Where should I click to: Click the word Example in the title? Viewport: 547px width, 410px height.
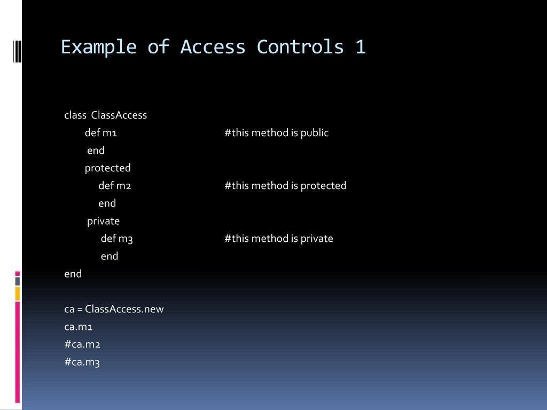(99, 47)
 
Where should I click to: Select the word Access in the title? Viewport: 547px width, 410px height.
(213, 47)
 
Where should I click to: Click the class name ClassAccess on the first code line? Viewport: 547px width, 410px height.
(119, 115)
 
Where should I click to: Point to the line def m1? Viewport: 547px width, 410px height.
(101, 133)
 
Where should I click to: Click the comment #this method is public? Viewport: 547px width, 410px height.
(277, 133)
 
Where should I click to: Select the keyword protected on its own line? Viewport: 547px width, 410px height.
(108, 168)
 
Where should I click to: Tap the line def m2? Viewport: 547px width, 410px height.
(115, 186)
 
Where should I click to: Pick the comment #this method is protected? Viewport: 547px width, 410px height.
(286, 186)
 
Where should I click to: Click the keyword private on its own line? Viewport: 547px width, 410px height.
(104, 221)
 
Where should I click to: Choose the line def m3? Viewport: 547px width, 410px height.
(117, 239)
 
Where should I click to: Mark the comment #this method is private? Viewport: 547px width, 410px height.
(279, 239)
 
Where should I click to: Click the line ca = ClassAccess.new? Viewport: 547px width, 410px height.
(114, 309)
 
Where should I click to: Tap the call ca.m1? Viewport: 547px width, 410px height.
(79, 327)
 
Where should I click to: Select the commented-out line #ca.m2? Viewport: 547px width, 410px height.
(82, 344)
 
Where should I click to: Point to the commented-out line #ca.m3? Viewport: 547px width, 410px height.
(82, 362)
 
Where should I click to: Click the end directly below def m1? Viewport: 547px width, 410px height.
(96, 151)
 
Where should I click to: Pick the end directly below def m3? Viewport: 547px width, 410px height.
(110, 256)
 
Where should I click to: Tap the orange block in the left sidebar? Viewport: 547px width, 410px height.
(18, 293)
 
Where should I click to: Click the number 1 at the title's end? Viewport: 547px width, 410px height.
(360, 47)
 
